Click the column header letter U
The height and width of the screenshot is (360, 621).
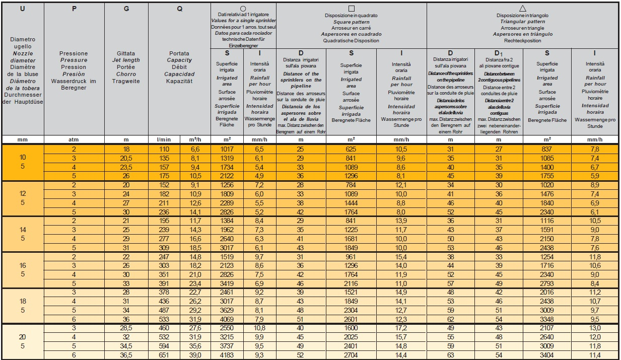[x=23, y=9]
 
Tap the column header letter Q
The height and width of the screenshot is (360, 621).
[x=180, y=9]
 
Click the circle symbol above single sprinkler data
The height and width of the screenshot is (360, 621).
[x=243, y=9]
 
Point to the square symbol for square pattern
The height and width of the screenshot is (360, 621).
[x=352, y=9]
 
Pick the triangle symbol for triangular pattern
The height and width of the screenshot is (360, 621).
[x=522, y=9]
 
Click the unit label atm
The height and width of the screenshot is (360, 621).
[x=74, y=139]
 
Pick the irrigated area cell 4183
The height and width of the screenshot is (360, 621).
[x=228, y=355]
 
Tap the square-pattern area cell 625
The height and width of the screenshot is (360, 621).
[x=352, y=150]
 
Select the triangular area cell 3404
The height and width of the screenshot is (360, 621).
[x=547, y=355]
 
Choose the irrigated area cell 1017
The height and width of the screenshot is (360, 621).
[x=228, y=150]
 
